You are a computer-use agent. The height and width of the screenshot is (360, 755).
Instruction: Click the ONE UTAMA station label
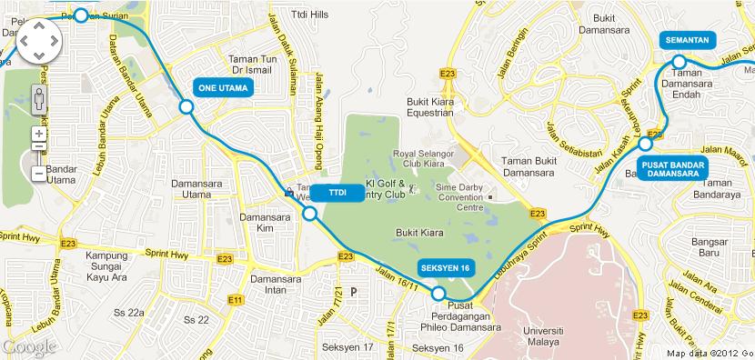coord(222,88)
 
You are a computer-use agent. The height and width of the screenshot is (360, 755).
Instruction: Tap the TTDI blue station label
coord(337,195)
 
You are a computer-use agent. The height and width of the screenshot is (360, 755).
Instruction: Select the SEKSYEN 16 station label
coord(445,268)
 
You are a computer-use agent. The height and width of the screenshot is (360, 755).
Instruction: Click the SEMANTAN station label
coord(687,41)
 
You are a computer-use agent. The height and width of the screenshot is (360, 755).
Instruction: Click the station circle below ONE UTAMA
coord(186,107)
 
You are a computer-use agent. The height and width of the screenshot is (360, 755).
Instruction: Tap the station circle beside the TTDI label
coord(309,214)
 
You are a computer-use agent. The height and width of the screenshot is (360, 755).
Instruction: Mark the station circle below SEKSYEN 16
coord(438,294)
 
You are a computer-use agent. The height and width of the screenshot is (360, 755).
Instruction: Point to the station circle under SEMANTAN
coord(679,62)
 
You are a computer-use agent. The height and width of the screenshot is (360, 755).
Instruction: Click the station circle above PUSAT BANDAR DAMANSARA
coord(646,144)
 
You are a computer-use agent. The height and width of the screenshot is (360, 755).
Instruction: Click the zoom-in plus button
coord(37,134)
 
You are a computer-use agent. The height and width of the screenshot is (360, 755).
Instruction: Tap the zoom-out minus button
coord(37,172)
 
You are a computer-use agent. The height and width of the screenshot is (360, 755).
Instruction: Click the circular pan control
coord(37,40)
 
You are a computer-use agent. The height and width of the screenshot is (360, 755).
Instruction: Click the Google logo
coord(29,346)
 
